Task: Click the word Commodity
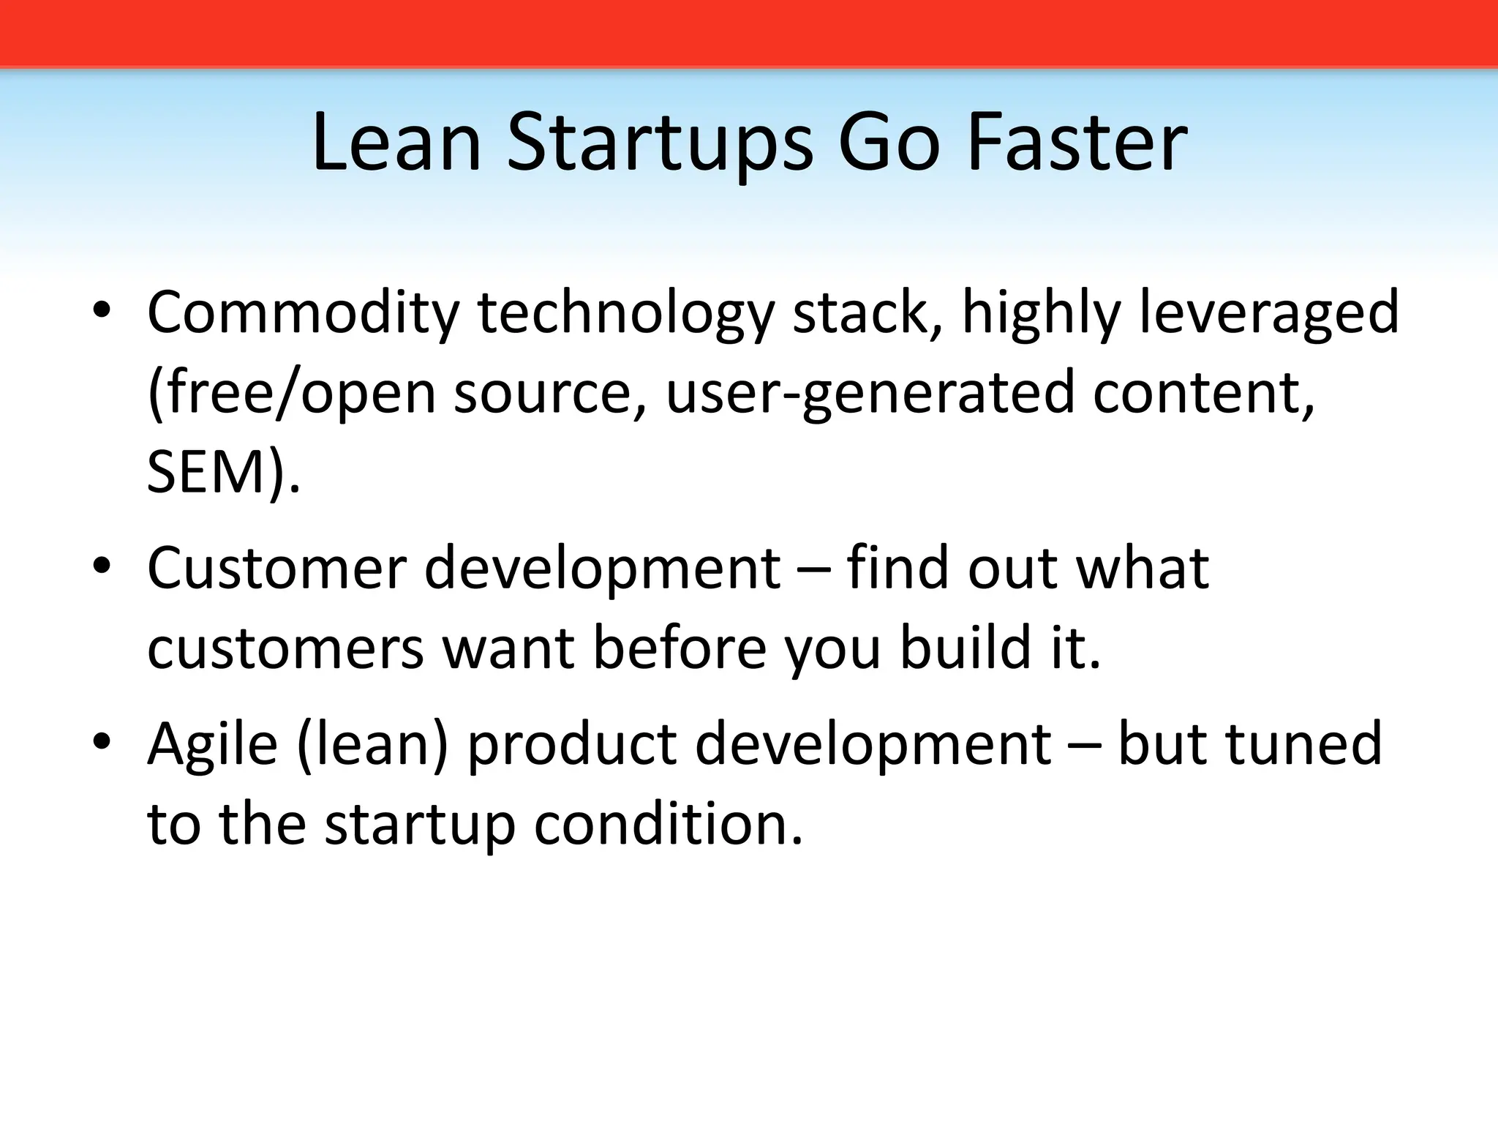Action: tap(303, 313)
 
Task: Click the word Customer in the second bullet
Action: tap(276, 568)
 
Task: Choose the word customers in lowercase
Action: tap(286, 649)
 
